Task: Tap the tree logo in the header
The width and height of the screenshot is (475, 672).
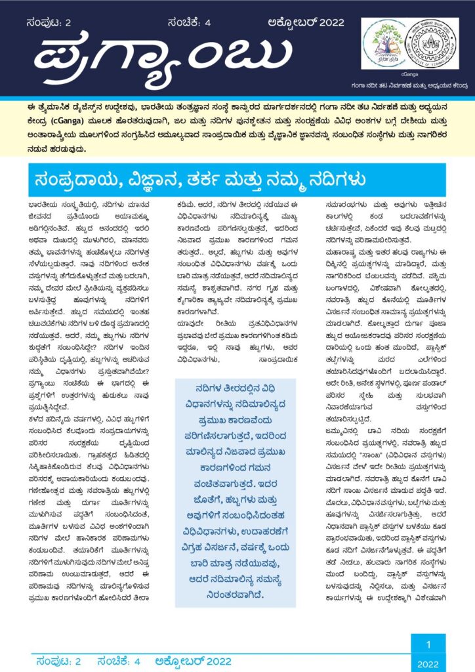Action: pos(384,42)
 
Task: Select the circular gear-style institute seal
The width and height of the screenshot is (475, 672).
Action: pos(431,42)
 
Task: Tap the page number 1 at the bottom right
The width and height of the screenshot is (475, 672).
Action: pos(428,644)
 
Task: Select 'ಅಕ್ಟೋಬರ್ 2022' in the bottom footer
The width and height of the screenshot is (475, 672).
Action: pos(193,661)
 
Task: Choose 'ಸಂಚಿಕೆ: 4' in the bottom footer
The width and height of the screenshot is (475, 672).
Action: pos(118,661)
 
